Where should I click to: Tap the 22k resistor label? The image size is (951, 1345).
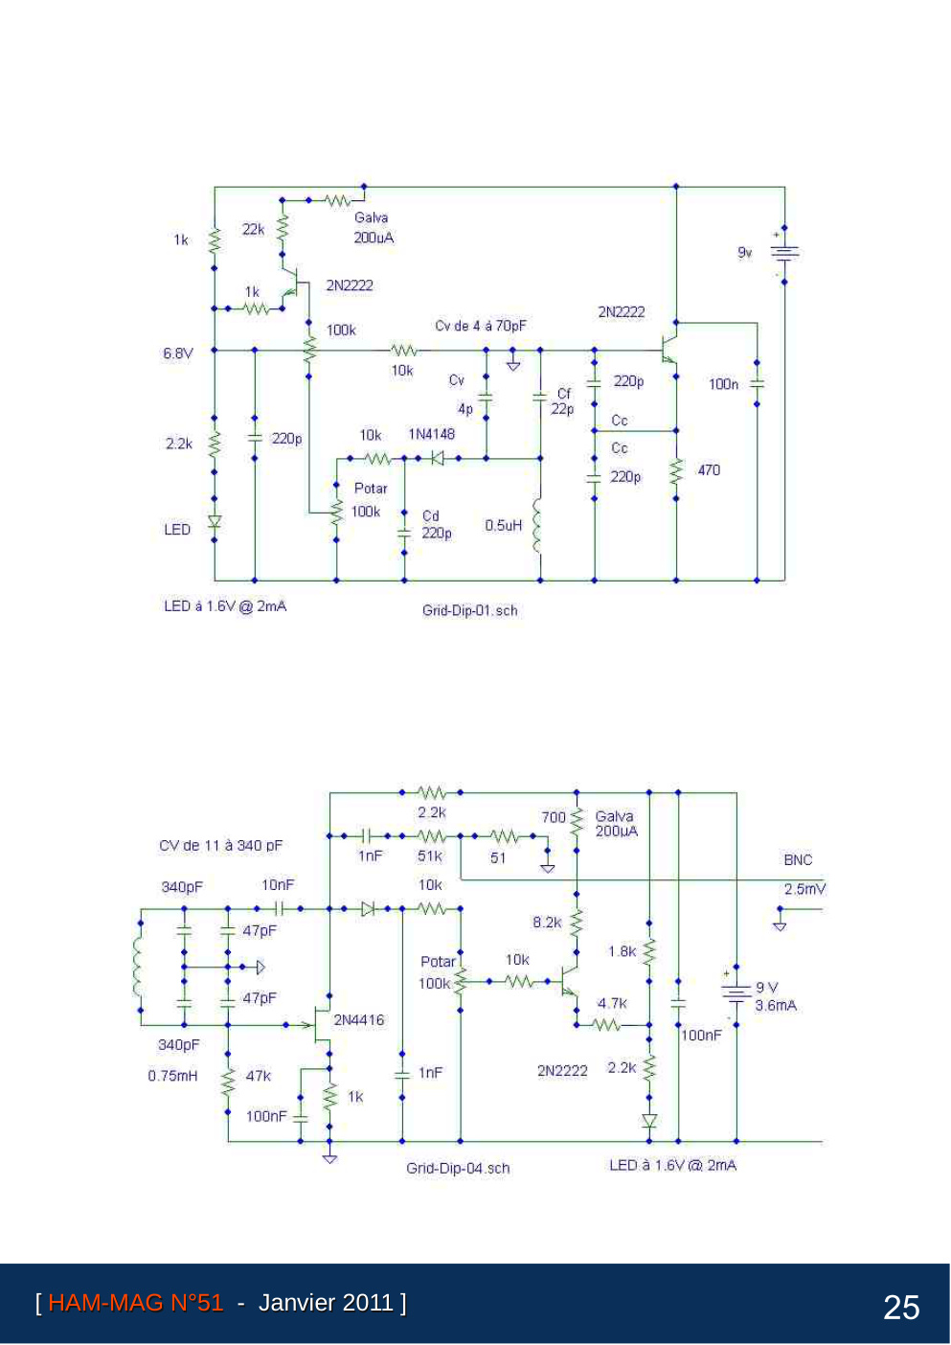pyautogui.click(x=254, y=229)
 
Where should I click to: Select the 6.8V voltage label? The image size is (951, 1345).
pyautogui.click(x=178, y=353)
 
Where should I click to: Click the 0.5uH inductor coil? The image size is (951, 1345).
pyautogui.click(x=537, y=524)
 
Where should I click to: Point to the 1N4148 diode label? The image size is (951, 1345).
pyautogui.click(x=431, y=434)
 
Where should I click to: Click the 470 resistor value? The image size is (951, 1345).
pyautogui.click(x=709, y=469)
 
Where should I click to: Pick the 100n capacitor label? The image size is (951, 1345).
pyautogui.click(x=723, y=384)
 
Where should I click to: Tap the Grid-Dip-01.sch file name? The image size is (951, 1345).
pyautogui.click(x=469, y=610)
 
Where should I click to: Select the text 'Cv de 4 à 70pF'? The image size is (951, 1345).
pyautogui.click(x=481, y=326)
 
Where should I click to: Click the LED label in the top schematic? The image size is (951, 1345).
pyautogui.click(x=177, y=529)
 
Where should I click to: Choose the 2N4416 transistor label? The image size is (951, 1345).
pyautogui.click(x=358, y=1019)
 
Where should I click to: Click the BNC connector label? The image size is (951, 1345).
pyautogui.click(x=798, y=859)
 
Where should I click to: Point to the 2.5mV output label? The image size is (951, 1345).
pyautogui.click(x=804, y=888)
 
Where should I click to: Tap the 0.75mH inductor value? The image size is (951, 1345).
pyautogui.click(x=172, y=1075)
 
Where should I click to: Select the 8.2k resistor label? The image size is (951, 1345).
pyautogui.click(x=547, y=922)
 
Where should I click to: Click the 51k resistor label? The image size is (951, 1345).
pyautogui.click(x=429, y=855)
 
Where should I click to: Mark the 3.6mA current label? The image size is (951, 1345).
pyautogui.click(x=776, y=1005)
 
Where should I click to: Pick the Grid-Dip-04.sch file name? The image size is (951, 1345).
pyautogui.click(x=458, y=1168)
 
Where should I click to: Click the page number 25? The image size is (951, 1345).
pyautogui.click(x=901, y=1308)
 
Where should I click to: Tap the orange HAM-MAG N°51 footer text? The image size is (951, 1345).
pyautogui.click(x=136, y=1302)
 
